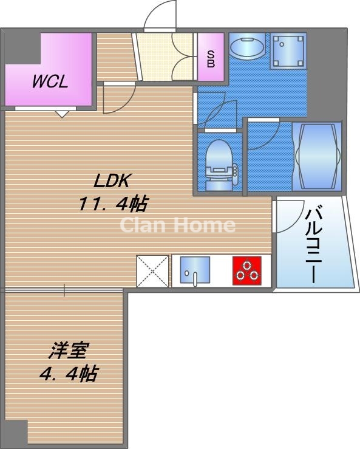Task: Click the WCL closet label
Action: pos(50,81)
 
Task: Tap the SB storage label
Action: pos(211,59)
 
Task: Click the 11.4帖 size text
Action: pos(113,204)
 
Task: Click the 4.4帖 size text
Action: pos(69,374)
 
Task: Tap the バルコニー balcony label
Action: pos(314,244)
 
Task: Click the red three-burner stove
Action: pos(246,271)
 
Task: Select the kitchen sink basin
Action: pos(195,269)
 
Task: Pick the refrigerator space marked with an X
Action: pos(152,271)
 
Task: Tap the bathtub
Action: pos(317,156)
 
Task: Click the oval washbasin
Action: pos(247,47)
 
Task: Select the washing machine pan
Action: pos(288,50)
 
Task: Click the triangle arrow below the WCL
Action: pos(61,115)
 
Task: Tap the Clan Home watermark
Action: pos(178,225)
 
